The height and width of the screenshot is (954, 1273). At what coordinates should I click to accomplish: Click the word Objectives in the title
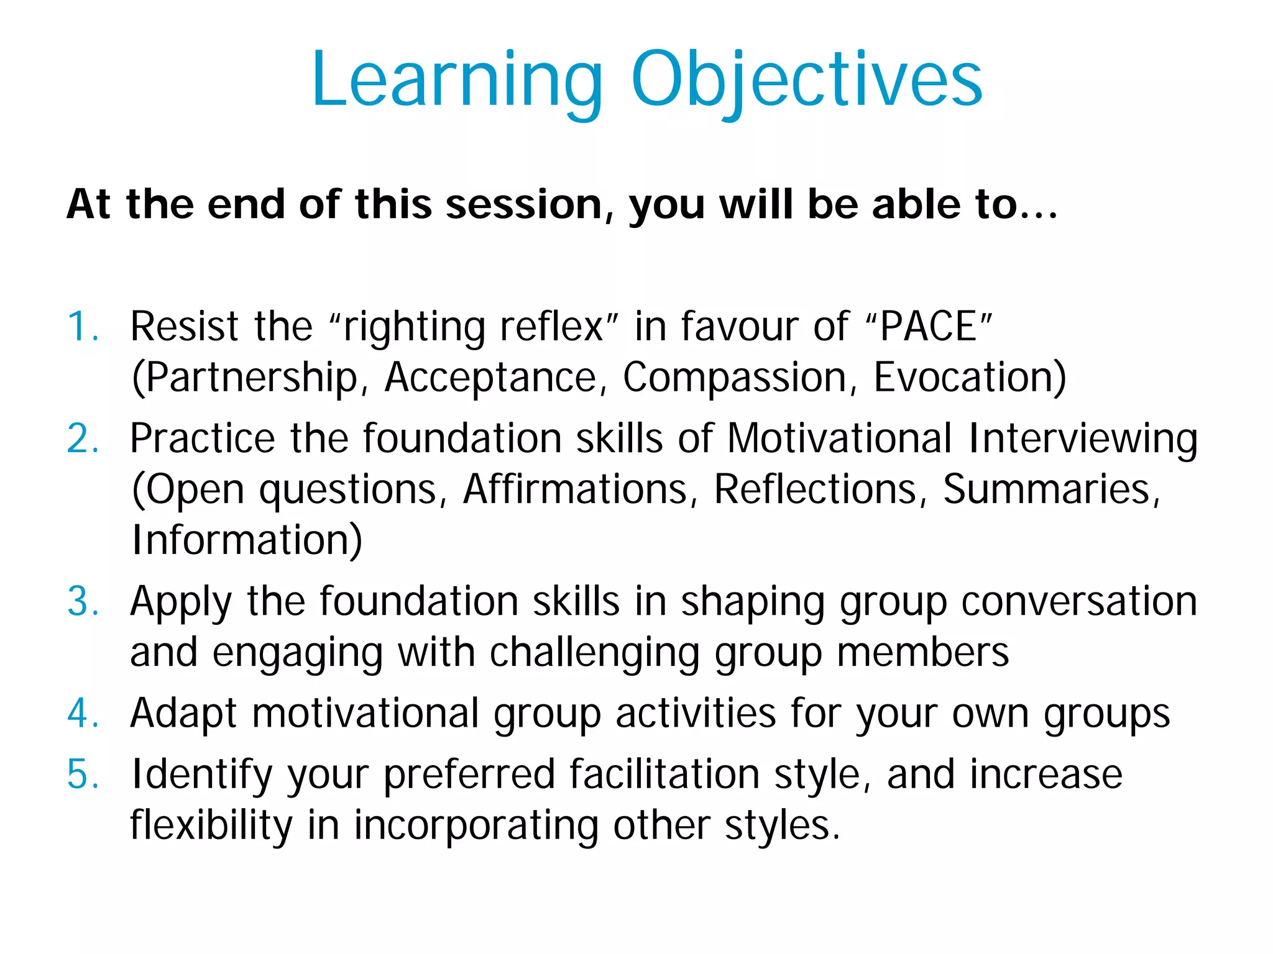click(x=806, y=81)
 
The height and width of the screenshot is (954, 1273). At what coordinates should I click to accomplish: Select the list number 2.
click(x=83, y=439)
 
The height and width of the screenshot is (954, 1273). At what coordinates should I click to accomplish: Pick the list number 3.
click(x=83, y=602)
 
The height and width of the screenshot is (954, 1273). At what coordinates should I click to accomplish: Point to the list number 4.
click(x=83, y=713)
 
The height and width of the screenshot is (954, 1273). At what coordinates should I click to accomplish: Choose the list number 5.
click(x=83, y=775)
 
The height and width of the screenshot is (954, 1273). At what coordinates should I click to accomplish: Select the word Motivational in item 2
click(x=839, y=439)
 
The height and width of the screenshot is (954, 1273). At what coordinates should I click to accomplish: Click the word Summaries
click(x=1050, y=489)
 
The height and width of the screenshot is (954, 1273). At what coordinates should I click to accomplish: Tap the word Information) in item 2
click(x=247, y=540)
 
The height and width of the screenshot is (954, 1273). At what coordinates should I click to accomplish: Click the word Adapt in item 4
click(x=183, y=713)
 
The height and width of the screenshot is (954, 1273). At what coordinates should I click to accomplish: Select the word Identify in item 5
click(x=202, y=775)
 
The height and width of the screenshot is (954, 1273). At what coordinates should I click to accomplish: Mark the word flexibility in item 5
click(x=211, y=825)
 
